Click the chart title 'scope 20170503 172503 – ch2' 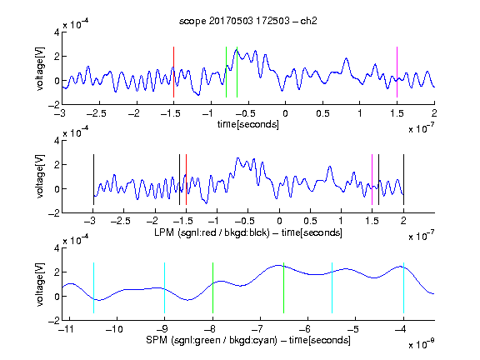point(248,21)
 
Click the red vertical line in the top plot point(173,72)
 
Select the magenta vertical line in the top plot point(397,72)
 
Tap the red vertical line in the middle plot point(186,180)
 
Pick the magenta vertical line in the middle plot point(372,180)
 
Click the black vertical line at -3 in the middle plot point(93,180)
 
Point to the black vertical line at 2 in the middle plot point(403,180)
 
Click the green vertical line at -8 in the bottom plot point(212,287)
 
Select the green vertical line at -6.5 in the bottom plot point(284,287)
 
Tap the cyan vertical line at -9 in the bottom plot point(165,287)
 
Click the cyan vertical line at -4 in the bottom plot point(403,287)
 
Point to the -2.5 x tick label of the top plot point(97,114)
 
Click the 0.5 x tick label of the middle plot point(310,221)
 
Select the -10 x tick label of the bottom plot point(114,329)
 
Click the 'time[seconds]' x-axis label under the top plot point(248,125)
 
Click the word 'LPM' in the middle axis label point(164,232)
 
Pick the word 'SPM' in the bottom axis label point(157,340)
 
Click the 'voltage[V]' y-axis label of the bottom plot point(40,284)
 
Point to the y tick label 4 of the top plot point(57,32)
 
